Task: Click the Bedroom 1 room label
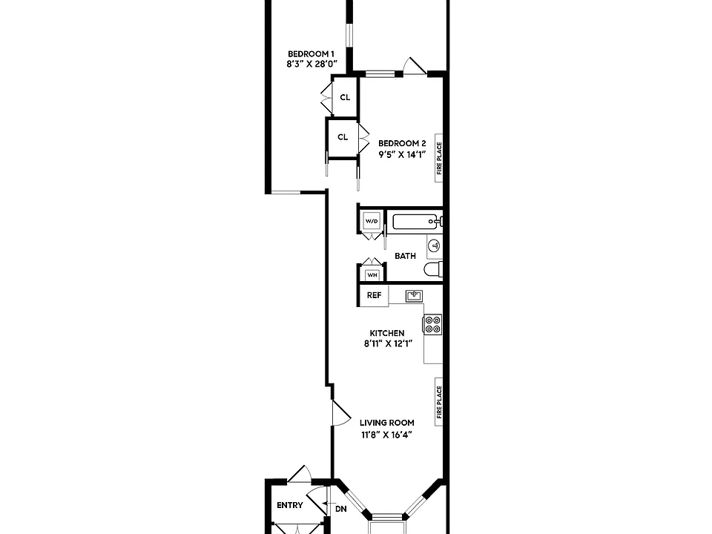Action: click(x=311, y=54)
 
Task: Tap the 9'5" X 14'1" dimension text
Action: click(x=402, y=154)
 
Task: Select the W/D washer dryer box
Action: click(x=372, y=221)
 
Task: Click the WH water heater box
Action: click(x=372, y=274)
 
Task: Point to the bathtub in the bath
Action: click(x=416, y=222)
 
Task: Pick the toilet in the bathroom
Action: click(x=433, y=269)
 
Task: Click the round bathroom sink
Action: click(x=435, y=246)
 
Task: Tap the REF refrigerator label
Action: click(x=374, y=295)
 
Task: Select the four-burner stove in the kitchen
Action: click(x=432, y=324)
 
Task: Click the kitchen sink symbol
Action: click(x=414, y=296)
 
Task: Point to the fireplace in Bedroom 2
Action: click(x=438, y=158)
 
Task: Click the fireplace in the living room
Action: click(x=438, y=402)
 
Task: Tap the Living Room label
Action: click(x=387, y=423)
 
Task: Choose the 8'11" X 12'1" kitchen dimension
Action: click(x=387, y=343)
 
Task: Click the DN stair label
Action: click(x=341, y=509)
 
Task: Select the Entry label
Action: click(x=290, y=505)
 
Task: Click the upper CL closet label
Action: click(x=345, y=97)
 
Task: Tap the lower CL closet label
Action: click(x=343, y=136)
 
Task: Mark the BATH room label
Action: click(x=405, y=256)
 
